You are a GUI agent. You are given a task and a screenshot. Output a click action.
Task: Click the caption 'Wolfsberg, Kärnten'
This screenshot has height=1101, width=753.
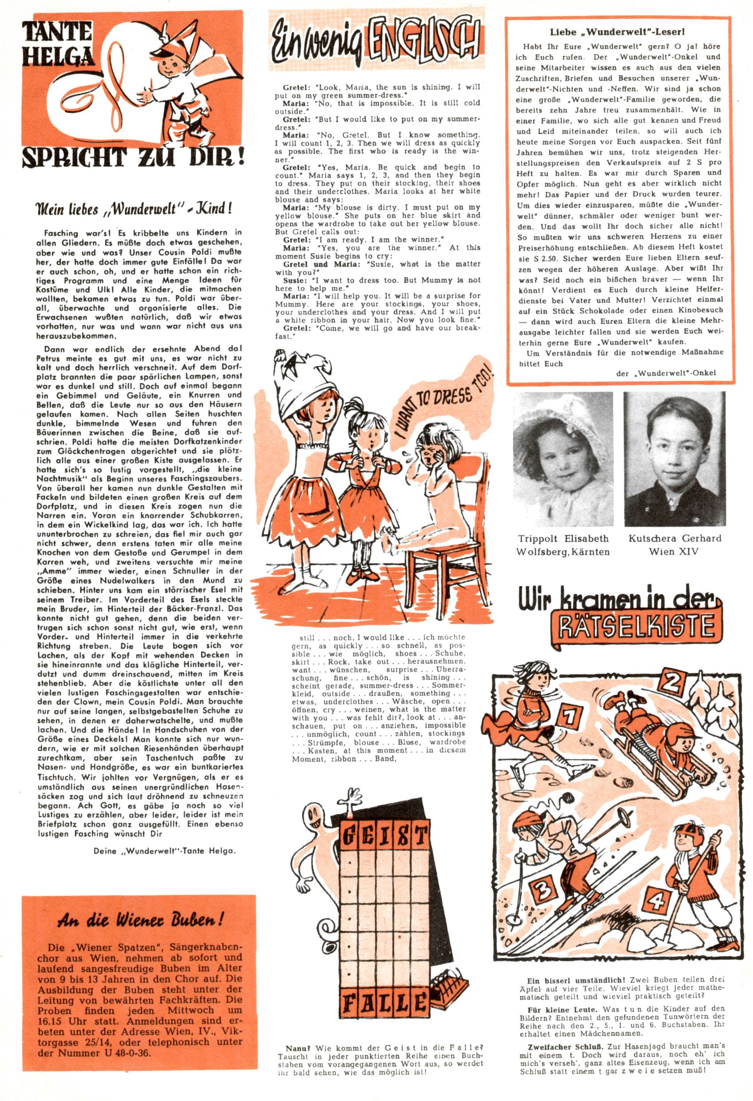pyautogui.click(x=563, y=551)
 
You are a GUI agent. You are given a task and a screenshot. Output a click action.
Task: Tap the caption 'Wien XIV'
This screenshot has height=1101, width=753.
pyautogui.click(x=674, y=551)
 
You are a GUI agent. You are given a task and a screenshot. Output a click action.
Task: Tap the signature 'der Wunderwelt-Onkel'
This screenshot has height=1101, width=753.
pyautogui.click(x=666, y=373)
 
